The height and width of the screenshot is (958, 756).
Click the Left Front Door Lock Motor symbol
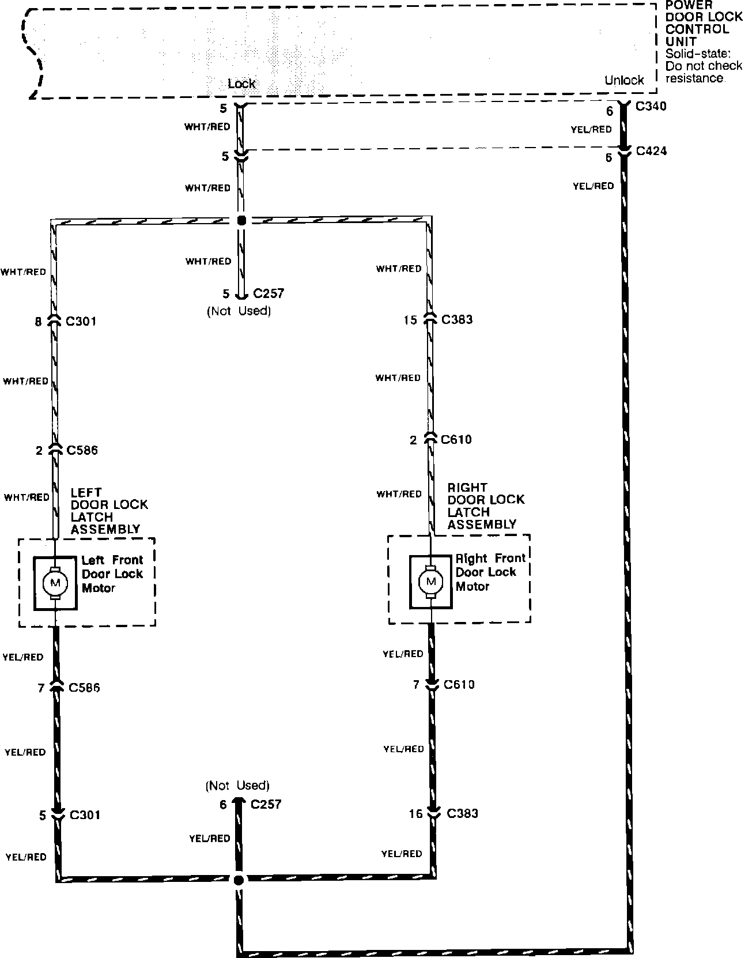click(55, 583)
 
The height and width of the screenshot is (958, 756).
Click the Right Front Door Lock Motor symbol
click(430, 582)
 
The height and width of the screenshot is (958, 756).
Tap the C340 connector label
click(651, 106)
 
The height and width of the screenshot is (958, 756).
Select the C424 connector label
click(651, 151)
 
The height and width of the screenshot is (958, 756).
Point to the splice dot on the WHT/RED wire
click(241, 220)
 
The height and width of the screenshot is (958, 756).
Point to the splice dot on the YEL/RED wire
click(239, 880)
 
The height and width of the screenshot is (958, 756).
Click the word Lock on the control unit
click(241, 84)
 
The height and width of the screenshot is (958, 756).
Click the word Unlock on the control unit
click(624, 80)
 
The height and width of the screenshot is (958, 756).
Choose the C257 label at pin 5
click(269, 293)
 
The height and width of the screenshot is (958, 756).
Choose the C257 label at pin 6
click(266, 804)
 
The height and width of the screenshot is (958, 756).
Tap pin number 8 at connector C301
click(38, 322)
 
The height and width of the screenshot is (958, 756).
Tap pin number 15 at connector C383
click(410, 320)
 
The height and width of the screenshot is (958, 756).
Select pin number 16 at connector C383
click(416, 814)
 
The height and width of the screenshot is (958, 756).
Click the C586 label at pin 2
click(82, 450)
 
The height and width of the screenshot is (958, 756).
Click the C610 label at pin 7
click(459, 685)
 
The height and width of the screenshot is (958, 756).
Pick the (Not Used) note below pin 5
click(239, 311)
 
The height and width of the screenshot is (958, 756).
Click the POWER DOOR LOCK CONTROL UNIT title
click(704, 23)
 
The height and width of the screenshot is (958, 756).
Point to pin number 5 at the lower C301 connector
click(42, 816)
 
